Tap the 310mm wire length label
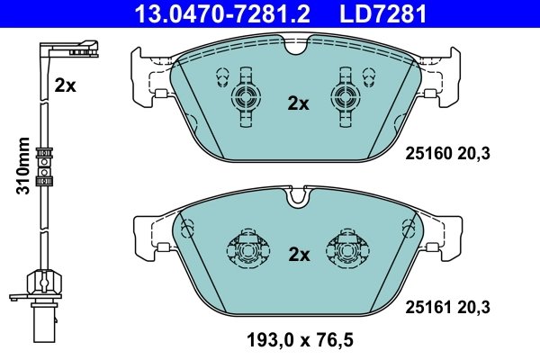tap(24, 166)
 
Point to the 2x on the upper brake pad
tap(297, 103)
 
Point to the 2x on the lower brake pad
tap(297, 255)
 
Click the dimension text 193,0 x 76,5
tap(299, 339)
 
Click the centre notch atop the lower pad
tap(294, 193)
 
